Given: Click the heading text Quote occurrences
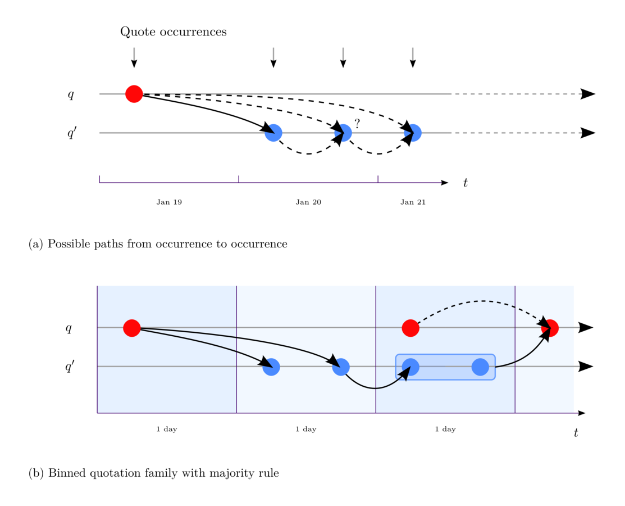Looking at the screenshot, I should pos(173,32).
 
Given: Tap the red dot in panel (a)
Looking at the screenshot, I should pos(134,94).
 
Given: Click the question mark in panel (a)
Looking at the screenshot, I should pos(357,124).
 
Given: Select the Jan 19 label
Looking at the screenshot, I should pos(169,202).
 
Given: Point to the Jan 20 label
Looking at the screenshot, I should pos(308,202).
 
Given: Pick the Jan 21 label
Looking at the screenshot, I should pos(413,202).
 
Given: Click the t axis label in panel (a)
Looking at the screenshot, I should pos(466,183).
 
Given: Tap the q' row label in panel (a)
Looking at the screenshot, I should pos(72,133).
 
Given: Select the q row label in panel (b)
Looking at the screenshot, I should pos(69,328).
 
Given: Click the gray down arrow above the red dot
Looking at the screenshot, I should pos(134,57).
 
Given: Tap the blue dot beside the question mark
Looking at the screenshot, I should pos(343,133).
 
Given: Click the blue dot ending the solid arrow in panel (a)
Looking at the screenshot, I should pos(273,133).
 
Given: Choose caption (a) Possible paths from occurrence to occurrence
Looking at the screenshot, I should pos(158,244).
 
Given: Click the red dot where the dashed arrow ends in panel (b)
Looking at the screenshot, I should pos(550,328).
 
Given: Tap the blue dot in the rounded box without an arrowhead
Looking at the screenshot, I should pos(480,367).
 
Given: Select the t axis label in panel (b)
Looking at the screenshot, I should pos(576,433).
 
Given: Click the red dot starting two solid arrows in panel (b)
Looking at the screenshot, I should pos(132,328).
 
